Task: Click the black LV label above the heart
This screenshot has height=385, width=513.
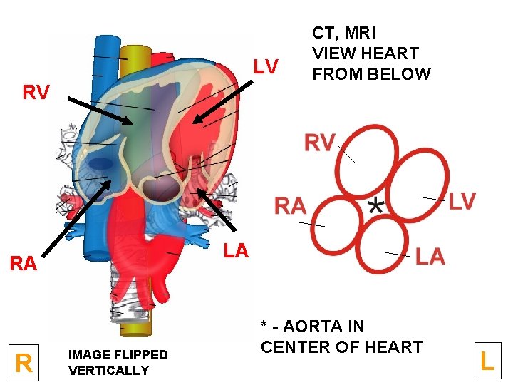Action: (266, 67)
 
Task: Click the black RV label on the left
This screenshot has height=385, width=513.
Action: (36, 93)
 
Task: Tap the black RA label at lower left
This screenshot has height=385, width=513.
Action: (24, 264)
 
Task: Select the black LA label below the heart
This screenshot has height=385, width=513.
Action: (236, 250)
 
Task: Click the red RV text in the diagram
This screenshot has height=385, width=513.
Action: (319, 143)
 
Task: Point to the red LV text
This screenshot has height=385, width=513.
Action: (462, 202)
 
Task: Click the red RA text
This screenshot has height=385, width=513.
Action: (291, 207)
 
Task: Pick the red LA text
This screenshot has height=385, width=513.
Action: (430, 256)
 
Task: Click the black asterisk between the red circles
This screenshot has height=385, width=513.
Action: (376, 205)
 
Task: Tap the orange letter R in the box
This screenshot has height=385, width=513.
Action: (24, 364)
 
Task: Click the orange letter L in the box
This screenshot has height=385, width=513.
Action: (487, 361)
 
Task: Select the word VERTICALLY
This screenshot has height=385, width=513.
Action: (109, 371)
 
